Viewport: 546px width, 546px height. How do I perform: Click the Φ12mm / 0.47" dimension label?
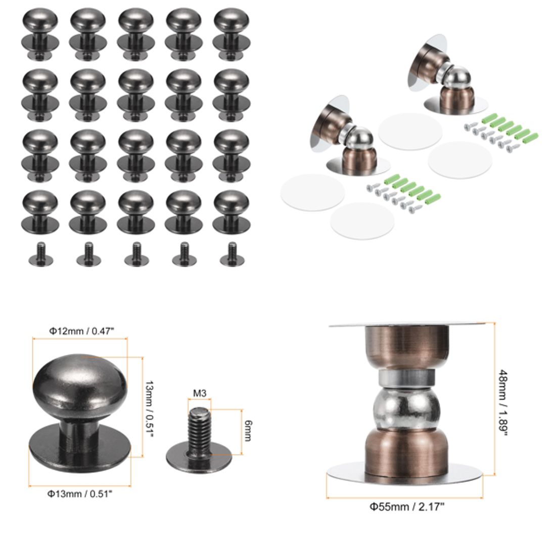pyautogui.click(x=81, y=331)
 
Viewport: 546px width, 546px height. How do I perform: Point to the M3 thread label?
pyautogui.click(x=199, y=392)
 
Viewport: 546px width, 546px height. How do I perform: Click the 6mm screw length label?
pyautogui.click(x=248, y=430)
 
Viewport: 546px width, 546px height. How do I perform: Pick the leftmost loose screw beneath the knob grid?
pyautogui.click(x=40, y=255)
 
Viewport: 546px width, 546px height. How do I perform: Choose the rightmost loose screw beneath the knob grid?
pyautogui.click(x=232, y=255)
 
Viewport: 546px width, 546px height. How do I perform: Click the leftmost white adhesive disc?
pyautogui.click(x=312, y=192)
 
